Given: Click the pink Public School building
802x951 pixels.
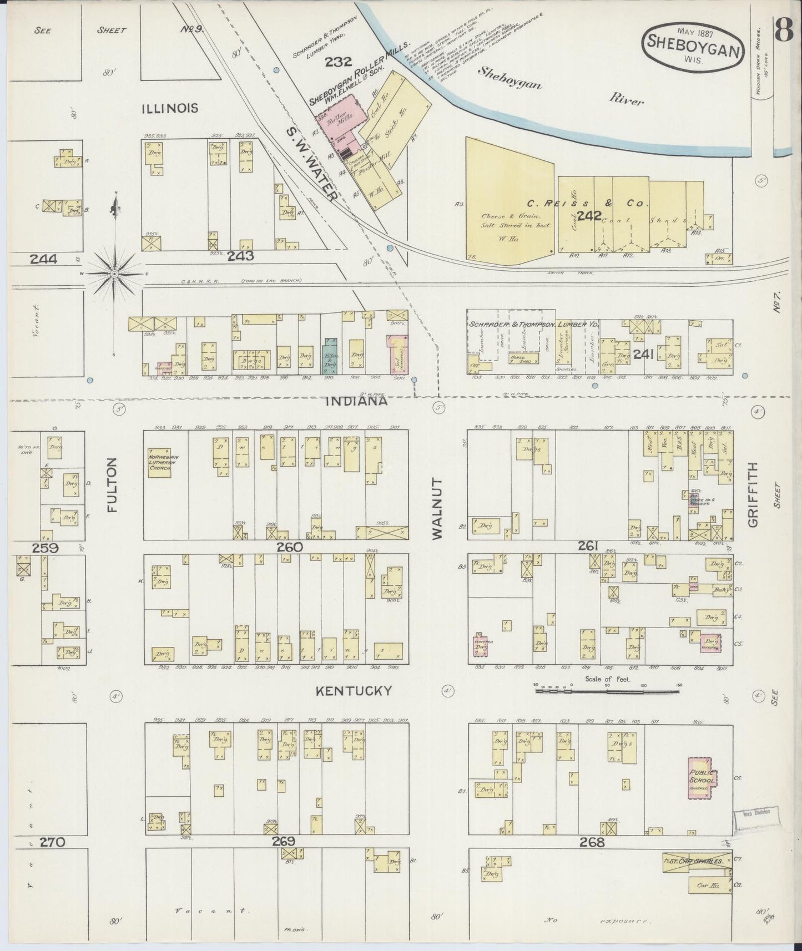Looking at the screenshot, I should coord(702,778).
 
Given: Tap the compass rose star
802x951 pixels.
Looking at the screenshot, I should coord(115,273).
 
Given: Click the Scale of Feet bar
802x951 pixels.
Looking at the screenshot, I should coord(607,692).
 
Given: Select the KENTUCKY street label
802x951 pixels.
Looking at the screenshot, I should coord(354,691).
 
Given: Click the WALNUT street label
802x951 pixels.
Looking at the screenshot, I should coord(437,508).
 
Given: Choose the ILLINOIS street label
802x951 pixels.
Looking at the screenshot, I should coord(170,108).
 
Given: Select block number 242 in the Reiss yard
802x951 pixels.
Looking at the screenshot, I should coord(589,215).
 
